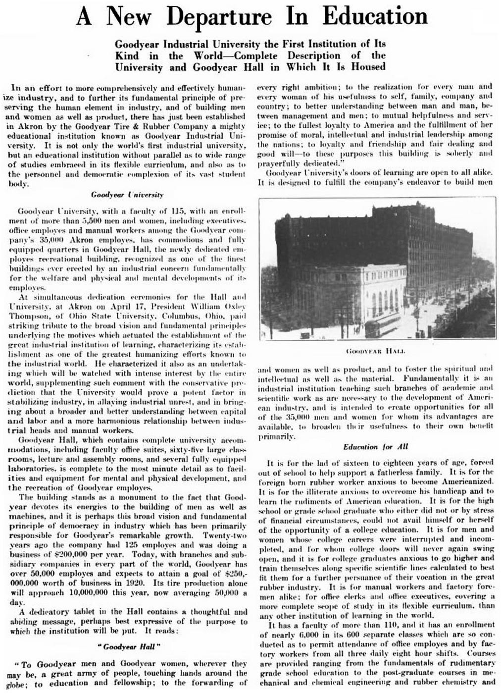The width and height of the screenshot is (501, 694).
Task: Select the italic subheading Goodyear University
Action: (x=127, y=195)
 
